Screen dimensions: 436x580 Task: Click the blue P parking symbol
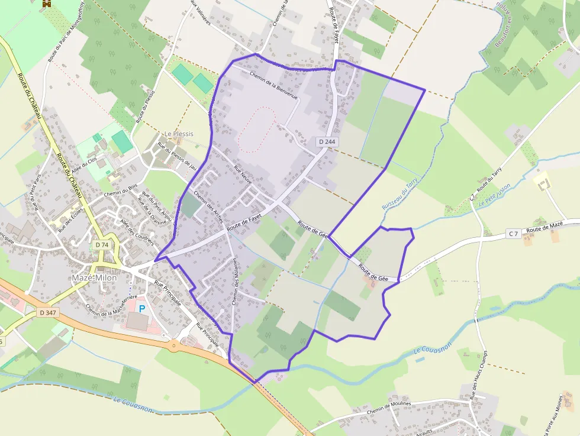142,308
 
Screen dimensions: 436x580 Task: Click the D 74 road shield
102,244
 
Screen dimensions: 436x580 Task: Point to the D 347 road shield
48,312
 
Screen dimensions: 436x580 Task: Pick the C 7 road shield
513,234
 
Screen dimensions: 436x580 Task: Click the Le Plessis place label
179,134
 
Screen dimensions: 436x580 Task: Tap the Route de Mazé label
544,228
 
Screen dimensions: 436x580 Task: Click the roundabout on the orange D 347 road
174,345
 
